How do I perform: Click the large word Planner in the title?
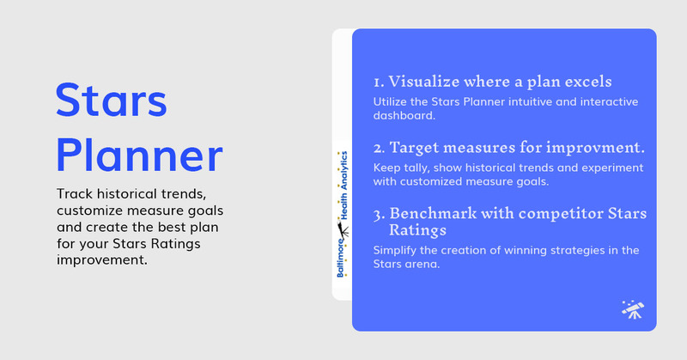point(139,156)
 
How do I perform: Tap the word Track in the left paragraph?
point(75,194)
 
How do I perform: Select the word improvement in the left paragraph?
point(102,260)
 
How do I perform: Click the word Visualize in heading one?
point(423,81)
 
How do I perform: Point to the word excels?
point(588,81)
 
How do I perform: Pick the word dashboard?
point(404,115)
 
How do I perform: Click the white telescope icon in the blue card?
point(633,309)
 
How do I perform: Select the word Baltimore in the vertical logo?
point(341,259)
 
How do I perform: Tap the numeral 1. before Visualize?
point(379,82)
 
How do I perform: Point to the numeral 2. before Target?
point(379,148)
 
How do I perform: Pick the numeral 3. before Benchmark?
point(379,215)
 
